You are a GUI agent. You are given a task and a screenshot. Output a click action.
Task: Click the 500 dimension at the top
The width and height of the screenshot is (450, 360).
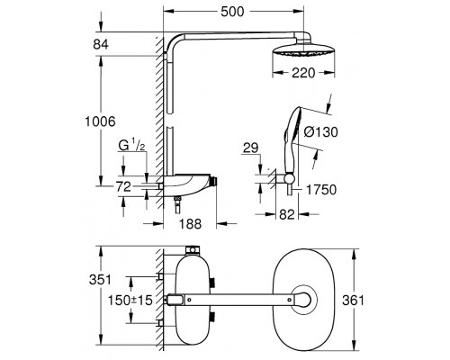[232, 12]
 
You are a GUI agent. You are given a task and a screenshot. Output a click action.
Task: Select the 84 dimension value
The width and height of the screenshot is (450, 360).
[101, 44]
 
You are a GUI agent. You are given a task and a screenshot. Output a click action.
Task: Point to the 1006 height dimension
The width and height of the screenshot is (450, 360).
[100, 121]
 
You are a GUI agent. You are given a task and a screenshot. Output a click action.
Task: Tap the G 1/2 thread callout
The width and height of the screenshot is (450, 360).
[132, 146]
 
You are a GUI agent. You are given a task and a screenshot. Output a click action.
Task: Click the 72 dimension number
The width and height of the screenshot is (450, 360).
[123, 187]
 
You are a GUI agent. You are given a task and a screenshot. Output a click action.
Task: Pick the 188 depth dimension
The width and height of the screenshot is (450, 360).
[191, 223]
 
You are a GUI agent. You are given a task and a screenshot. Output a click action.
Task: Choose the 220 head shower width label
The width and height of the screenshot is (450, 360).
[303, 73]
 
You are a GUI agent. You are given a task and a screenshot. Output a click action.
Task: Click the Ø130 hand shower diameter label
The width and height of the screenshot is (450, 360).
[320, 131]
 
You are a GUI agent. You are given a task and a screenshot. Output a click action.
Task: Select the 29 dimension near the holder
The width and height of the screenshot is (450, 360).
[250, 148]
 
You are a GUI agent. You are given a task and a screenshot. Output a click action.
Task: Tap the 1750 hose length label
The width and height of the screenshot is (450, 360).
[321, 190]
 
